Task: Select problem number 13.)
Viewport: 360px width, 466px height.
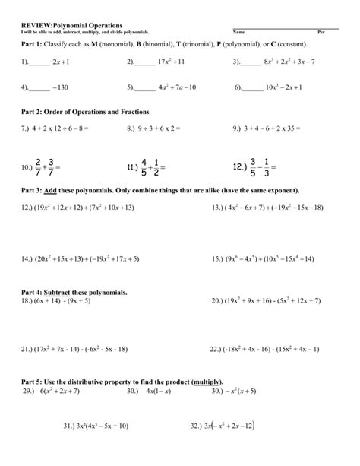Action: tap(218, 207)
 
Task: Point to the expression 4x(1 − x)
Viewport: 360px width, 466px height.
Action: tap(161, 391)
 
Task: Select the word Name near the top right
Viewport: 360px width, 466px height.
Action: tap(239, 32)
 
